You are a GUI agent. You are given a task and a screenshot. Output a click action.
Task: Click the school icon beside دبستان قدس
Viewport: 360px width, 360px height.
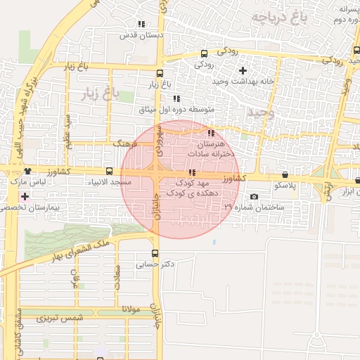point(142,23)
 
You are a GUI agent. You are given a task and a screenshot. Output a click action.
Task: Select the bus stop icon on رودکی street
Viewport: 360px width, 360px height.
point(204,53)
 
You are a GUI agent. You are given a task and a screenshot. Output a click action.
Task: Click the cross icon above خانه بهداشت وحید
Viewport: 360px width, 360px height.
point(243,70)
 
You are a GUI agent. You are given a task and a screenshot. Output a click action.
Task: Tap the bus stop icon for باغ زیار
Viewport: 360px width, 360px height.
point(160,73)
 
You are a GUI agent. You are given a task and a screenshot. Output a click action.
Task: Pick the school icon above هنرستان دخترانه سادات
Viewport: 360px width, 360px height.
point(211,132)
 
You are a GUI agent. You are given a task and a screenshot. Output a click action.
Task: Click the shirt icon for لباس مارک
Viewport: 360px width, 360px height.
point(27,171)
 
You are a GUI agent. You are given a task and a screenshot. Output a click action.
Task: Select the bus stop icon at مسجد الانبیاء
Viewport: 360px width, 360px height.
point(109,171)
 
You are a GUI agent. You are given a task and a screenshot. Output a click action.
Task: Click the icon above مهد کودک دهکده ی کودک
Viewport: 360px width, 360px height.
point(192,172)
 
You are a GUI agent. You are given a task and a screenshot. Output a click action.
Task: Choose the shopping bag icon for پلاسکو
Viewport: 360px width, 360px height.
point(285,174)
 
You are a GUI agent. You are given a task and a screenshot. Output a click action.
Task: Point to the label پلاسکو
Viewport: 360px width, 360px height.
point(285,186)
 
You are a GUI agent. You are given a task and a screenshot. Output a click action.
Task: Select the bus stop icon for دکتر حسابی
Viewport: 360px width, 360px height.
point(155,253)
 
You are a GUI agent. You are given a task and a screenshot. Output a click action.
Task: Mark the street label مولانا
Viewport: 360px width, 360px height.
point(131,309)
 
